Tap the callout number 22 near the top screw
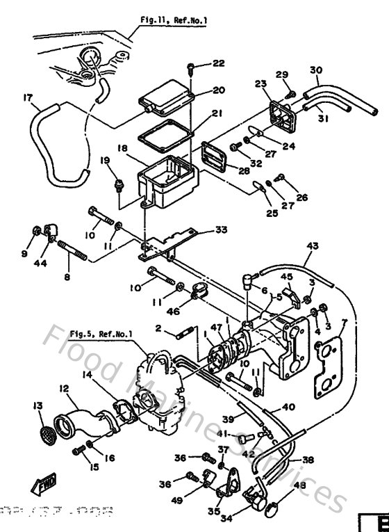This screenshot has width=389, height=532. click(219, 64)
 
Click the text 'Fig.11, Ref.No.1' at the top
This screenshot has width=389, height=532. click(173, 22)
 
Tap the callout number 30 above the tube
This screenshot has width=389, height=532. click(316, 70)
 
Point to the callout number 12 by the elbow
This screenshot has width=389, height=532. click(64, 387)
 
